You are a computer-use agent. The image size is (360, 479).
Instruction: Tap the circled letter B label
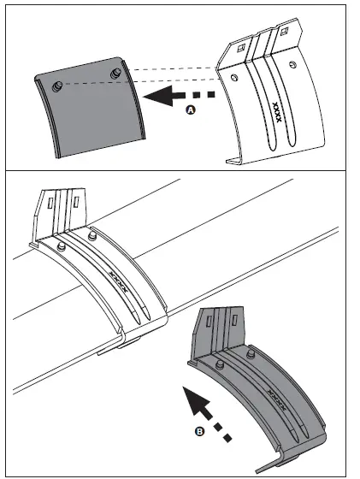pos(198,432)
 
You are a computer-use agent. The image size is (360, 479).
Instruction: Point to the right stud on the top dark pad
pos(115,71)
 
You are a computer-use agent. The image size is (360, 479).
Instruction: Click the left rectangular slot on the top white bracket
pos(241,48)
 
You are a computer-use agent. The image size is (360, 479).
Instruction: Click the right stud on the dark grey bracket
pos(252,350)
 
